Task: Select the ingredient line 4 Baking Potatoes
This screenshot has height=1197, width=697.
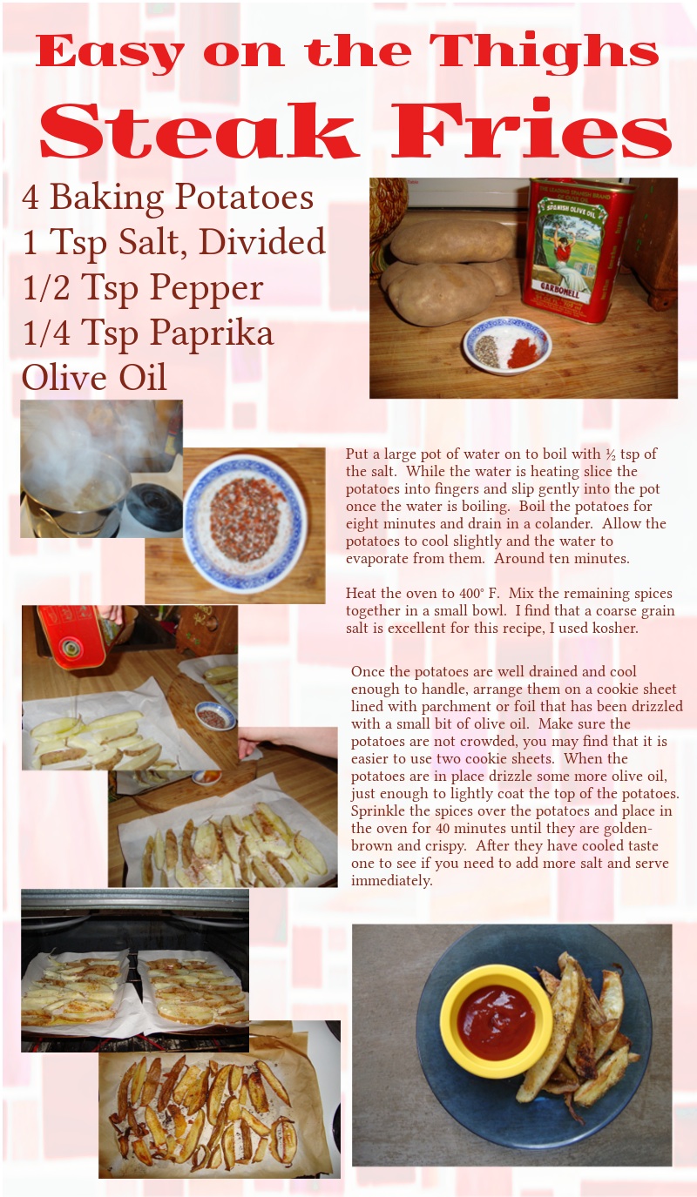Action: tap(167, 198)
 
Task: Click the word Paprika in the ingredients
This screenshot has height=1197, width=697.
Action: tap(212, 333)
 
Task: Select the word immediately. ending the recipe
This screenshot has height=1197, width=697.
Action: tap(391, 881)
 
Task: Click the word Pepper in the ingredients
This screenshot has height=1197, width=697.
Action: tap(206, 288)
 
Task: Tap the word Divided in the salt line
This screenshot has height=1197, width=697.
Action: tap(262, 241)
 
